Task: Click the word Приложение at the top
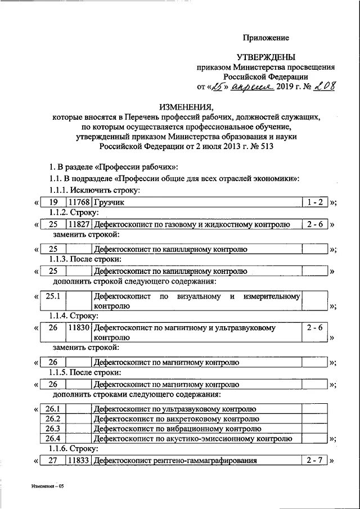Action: [265, 38]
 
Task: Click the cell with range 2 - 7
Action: [315, 461]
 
